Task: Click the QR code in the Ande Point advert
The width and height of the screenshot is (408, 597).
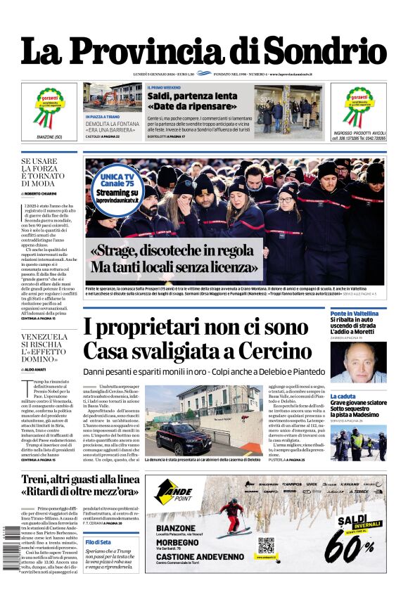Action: pyautogui.click(x=265, y=545)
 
